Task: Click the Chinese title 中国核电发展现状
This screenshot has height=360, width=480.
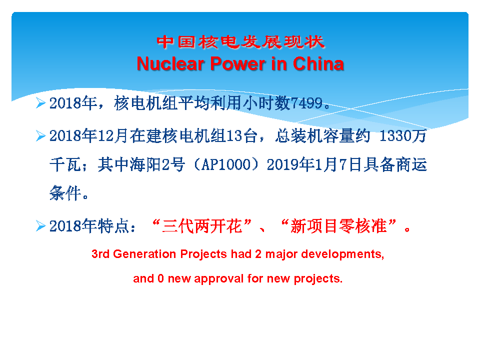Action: click(x=240, y=42)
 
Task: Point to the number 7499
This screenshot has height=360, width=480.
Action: click(x=306, y=103)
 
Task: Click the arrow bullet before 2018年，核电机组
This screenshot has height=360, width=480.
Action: click(x=40, y=103)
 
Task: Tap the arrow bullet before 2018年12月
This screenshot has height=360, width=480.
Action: click(x=40, y=135)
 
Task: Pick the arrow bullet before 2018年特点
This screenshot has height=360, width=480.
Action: click(x=40, y=226)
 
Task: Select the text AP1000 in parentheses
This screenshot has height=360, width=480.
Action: click(x=226, y=164)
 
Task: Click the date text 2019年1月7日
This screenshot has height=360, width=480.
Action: click(x=314, y=164)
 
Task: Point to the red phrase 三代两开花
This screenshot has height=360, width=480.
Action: click(x=202, y=226)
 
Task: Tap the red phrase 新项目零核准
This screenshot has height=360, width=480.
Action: click(x=338, y=226)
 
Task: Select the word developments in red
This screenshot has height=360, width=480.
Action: click(x=342, y=254)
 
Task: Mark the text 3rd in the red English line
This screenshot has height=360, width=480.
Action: click(x=100, y=254)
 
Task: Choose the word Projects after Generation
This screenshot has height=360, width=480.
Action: click(x=203, y=254)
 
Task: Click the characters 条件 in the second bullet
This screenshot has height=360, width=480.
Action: click(x=65, y=193)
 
